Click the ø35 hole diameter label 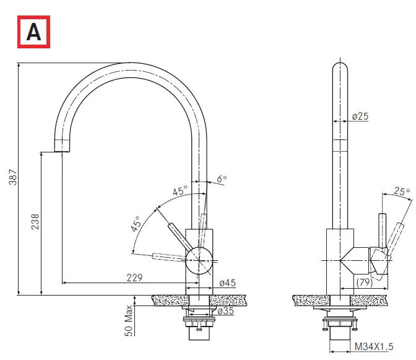[x=225, y=311]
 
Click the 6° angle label [x=222, y=179]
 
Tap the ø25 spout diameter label [x=360, y=116]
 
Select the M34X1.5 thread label [x=374, y=348]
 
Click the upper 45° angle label [x=180, y=192]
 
